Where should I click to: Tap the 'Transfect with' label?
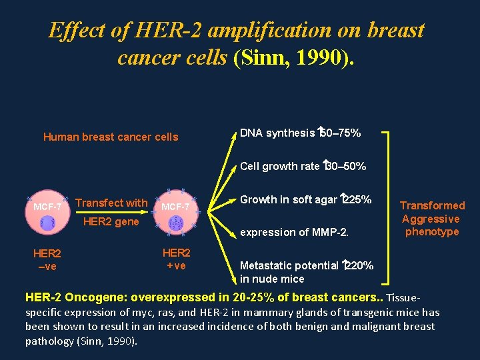[x=111, y=203]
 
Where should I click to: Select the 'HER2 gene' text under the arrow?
[x=111, y=222]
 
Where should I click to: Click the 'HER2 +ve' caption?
[x=176, y=259]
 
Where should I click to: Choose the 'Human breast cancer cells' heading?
[x=111, y=137]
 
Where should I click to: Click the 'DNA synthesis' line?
[x=300, y=133]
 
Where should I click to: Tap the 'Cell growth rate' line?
[x=303, y=166]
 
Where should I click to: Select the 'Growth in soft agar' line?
[x=305, y=199]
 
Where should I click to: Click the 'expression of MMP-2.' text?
[x=294, y=232]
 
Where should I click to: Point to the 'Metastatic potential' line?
[x=306, y=272]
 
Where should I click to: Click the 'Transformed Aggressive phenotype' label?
[x=432, y=219]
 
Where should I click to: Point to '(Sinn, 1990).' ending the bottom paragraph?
[x=107, y=341]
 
